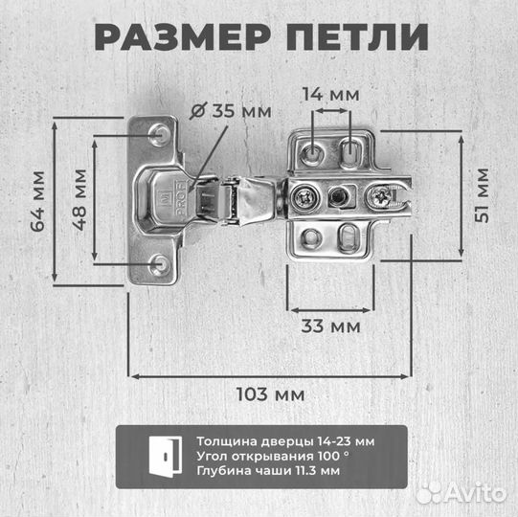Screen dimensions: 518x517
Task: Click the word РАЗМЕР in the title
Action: click(x=182, y=37)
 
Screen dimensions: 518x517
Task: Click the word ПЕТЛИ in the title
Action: click(x=357, y=37)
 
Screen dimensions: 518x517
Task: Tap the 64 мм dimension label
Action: click(x=37, y=201)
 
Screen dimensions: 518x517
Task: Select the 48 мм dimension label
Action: click(x=79, y=199)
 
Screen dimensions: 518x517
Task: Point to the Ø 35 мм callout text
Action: click(x=231, y=111)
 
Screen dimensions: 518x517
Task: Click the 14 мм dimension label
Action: click(x=331, y=95)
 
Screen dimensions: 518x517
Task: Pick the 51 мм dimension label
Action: click(x=482, y=195)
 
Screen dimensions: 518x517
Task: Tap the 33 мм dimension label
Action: click(x=330, y=326)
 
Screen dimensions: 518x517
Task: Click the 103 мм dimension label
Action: click(x=271, y=394)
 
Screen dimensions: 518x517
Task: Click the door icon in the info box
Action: click(x=166, y=457)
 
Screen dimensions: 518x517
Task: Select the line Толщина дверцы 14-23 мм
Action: click(x=285, y=441)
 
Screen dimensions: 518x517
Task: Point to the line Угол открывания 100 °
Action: click(x=273, y=457)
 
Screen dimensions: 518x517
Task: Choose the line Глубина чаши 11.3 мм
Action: click(x=268, y=471)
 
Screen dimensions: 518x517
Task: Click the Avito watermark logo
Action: click(x=461, y=494)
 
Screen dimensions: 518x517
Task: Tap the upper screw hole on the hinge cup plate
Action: click(x=160, y=134)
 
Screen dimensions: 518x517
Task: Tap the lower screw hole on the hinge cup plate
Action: click(x=159, y=264)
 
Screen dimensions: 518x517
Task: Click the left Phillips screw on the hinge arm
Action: click(x=304, y=198)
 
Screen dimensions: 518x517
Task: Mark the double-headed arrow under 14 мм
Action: click(x=331, y=111)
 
